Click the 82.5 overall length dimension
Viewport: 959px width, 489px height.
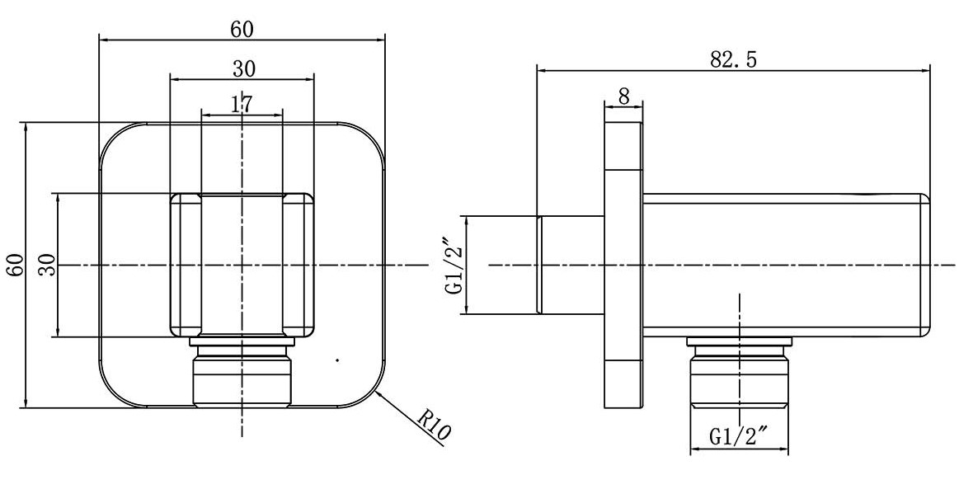(733, 59)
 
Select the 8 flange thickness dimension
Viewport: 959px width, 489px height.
(623, 96)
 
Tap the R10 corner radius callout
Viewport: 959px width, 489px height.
(435, 428)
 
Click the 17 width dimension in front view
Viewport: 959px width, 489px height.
(241, 104)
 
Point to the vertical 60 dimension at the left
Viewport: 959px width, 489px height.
(14, 266)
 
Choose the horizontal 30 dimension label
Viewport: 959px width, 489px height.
(242, 68)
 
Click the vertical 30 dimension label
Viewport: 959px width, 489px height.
(47, 266)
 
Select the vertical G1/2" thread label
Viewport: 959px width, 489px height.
(453, 266)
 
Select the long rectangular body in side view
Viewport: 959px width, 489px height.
(783, 266)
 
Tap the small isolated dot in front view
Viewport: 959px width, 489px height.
(336, 360)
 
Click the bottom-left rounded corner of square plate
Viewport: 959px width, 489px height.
(110, 396)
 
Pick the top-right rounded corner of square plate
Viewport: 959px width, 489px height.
(374, 135)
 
